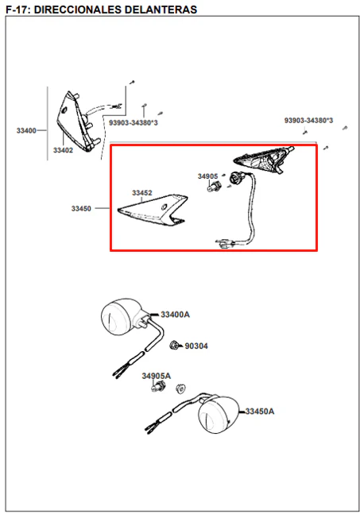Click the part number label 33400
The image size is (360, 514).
[x=26, y=131]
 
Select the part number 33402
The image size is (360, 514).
[x=63, y=150]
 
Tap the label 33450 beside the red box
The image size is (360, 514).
[x=81, y=208]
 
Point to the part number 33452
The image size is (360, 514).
[x=142, y=193]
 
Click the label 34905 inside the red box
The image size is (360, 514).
[x=207, y=176]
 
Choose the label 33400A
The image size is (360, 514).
[x=175, y=315]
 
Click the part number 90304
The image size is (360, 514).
[x=196, y=346]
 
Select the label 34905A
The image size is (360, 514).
[x=156, y=376]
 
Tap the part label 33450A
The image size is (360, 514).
[x=260, y=411]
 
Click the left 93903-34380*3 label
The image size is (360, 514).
[x=134, y=123]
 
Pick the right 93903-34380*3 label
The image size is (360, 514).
[x=308, y=121]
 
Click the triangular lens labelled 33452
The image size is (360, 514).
[x=153, y=210]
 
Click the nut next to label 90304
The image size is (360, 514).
[x=174, y=345]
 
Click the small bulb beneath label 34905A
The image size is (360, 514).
[x=159, y=387]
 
